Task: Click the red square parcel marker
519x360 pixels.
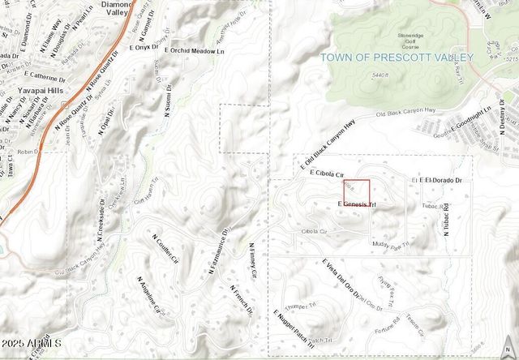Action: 356,193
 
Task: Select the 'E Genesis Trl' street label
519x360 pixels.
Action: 357,204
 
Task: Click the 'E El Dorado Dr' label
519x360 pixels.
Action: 438,179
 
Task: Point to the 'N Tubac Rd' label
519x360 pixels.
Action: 445,218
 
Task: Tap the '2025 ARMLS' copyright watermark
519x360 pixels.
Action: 32,344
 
